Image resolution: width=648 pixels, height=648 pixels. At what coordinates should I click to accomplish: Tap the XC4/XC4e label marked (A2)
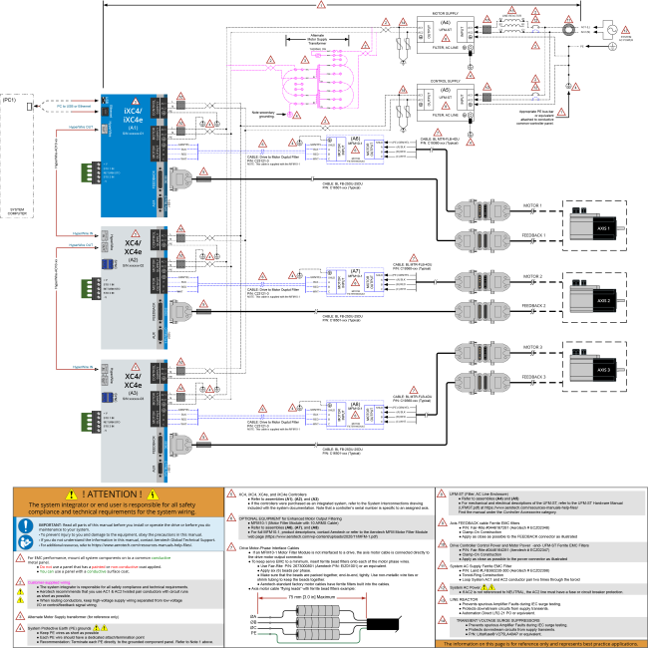click(133, 248)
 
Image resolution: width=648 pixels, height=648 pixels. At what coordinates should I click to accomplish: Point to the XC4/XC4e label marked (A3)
click(133, 381)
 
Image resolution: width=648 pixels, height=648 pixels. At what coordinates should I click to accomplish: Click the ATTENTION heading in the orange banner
click(112, 494)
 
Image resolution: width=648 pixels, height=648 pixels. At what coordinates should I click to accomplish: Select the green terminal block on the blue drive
click(112, 173)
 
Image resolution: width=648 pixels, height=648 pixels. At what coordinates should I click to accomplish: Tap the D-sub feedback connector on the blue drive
click(179, 179)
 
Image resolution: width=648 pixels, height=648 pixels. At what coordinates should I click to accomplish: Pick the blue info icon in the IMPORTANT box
click(26, 525)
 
